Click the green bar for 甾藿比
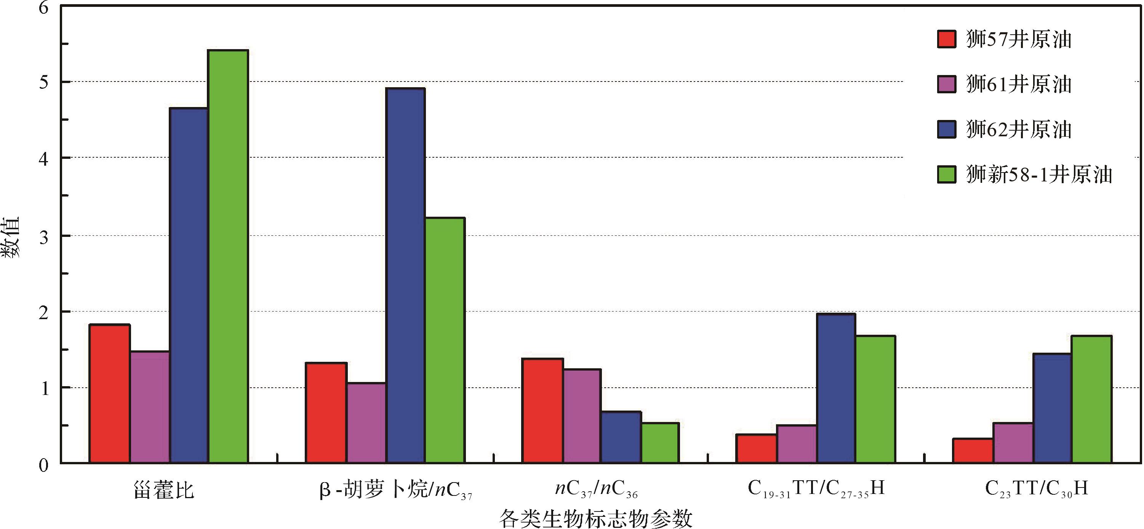(x=228, y=257)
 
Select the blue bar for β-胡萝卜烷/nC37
(x=405, y=275)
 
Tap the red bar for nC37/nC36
(x=542, y=411)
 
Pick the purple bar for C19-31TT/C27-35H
(x=797, y=444)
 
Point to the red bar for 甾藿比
(x=110, y=394)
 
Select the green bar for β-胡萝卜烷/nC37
(x=445, y=340)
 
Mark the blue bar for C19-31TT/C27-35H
(x=836, y=388)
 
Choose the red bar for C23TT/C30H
(x=973, y=451)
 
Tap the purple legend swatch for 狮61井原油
(x=946, y=84)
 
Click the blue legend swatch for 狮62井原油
(x=946, y=129)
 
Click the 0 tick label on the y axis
(x=43, y=465)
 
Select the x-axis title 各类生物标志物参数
(x=595, y=518)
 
